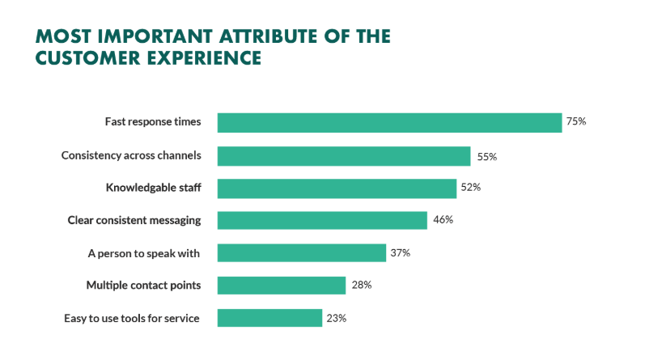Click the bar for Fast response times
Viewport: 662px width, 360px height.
(389, 122)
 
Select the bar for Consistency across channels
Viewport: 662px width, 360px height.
(344, 155)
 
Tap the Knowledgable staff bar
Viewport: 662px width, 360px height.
(337, 188)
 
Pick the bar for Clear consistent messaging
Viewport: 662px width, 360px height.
(322, 220)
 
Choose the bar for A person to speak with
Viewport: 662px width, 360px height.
(302, 252)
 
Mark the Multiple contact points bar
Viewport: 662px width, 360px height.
(282, 285)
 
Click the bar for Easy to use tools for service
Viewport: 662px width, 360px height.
(269, 318)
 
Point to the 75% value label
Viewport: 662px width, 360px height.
(575, 122)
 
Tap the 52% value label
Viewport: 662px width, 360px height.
(471, 188)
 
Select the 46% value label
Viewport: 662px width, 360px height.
(443, 220)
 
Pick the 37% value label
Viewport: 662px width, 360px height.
(401, 252)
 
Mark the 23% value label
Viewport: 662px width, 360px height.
(337, 318)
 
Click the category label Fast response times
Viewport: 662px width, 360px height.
(152, 122)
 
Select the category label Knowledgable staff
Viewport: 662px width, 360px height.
(153, 188)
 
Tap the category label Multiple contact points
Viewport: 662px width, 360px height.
(143, 285)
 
